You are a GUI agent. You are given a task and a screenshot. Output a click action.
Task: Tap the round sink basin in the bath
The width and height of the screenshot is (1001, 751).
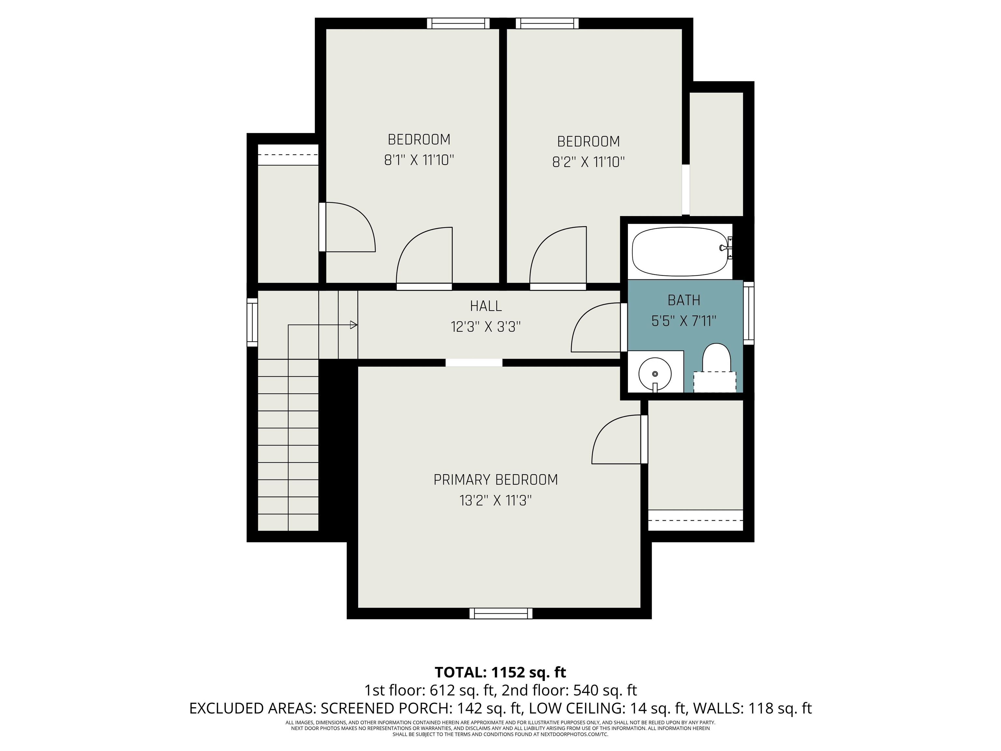pyautogui.click(x=655, y=374)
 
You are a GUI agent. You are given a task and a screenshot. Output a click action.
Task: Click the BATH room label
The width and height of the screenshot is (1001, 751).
pyautogui.click(x=684, y=300)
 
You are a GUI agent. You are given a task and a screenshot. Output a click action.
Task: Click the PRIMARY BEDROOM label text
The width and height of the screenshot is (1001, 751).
pyautogui.click(x=496, y=480)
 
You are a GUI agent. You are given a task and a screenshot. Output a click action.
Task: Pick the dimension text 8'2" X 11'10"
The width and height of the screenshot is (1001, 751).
pyautogui.click(x=588, y=162)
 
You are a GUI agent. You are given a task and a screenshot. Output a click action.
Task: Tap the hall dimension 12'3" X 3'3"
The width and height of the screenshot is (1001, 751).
pyautogui.click(x=486, y=327)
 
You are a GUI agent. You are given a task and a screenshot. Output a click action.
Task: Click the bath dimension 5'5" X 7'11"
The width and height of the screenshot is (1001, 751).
pyautogui.click(x=684, y=321)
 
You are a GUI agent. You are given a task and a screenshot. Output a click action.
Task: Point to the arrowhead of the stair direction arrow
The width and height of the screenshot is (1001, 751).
pyautogui.click(x=354, y=325)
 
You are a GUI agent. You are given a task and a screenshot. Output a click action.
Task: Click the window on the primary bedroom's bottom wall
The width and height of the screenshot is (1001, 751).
pyautogui.click(x=501, y=613)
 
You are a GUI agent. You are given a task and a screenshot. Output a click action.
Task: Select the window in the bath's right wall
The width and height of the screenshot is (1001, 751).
pyautogui.click(x=749, y=313)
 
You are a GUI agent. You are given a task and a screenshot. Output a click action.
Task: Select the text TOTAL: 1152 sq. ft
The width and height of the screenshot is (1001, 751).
pyautogui.click(x=500, y=672)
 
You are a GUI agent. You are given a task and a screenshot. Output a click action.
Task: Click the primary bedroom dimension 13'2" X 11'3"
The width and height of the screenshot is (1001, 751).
pyautogui.click(x=496, y=501)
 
